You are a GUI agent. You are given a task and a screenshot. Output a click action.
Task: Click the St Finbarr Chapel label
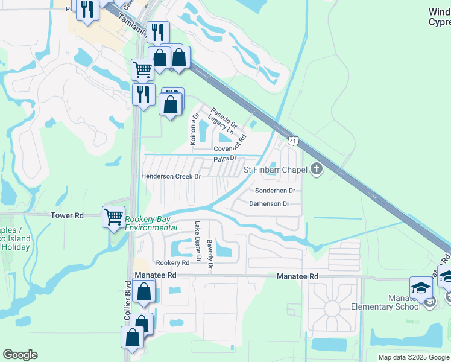point(276,170)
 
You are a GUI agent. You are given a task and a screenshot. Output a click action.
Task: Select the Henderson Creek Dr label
point(171,176)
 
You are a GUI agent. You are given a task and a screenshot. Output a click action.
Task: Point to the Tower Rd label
point(67,215)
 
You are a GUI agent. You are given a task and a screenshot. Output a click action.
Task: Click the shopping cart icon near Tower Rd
point(113,216)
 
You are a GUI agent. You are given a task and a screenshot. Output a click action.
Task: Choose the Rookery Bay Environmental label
point(153,223)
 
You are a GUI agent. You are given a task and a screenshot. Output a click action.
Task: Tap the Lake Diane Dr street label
point(197,243)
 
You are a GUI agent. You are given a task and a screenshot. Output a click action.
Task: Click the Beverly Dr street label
point(210,253)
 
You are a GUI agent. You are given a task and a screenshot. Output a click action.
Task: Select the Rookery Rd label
point(172,263)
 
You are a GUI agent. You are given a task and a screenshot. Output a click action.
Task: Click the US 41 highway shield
point(292,141)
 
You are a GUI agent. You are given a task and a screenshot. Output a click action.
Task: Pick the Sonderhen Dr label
point(275,191)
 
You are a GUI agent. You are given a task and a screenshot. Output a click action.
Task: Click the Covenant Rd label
point(230,145)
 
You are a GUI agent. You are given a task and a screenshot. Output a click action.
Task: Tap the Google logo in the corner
point(20,355)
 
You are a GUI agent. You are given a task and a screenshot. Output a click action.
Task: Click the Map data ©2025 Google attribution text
point(414,357)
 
